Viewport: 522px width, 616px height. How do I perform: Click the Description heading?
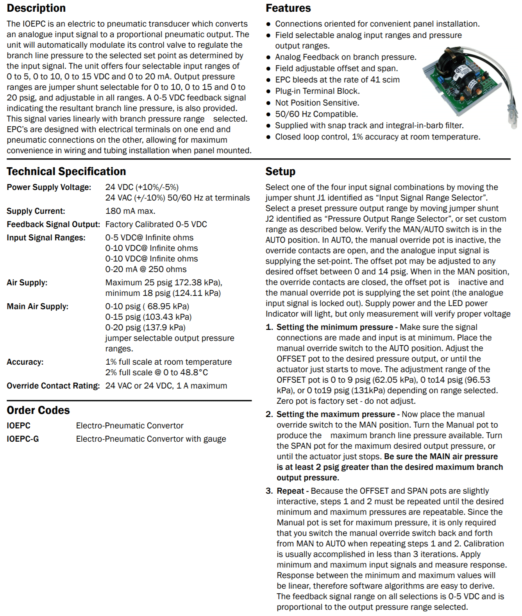[x=36, y=8]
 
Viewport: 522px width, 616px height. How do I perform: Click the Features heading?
[x=288, y=8]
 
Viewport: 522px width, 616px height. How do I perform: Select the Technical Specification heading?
[x=66, y=171]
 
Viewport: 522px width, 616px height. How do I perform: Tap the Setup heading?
[x=280, y=171]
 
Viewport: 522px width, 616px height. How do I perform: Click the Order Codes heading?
[x=38, y=410]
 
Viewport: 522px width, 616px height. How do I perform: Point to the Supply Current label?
[x=36, y=211]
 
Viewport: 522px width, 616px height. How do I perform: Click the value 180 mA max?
[x=130, y=211]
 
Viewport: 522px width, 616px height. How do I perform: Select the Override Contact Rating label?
[x=53, y=386]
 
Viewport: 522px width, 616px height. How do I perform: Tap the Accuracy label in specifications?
[x=25, y=362]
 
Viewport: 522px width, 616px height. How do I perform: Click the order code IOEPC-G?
[x=23, y=439]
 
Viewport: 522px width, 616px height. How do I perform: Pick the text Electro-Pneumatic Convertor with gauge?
[x=151, y=439]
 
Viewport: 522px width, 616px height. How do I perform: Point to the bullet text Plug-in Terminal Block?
[x=317, y=91]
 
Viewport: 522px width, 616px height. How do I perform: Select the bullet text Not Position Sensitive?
[x=317, y=103]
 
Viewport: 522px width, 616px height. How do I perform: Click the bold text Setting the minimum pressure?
[x=334, y=327]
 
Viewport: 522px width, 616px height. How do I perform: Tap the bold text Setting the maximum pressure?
[x=336, y=414]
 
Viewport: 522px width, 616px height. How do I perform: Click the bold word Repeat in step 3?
[x=290, y=491]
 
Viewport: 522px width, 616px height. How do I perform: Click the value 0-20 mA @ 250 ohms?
[x=146, y=269]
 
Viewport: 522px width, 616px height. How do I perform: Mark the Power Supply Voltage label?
[x=49, y=187]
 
